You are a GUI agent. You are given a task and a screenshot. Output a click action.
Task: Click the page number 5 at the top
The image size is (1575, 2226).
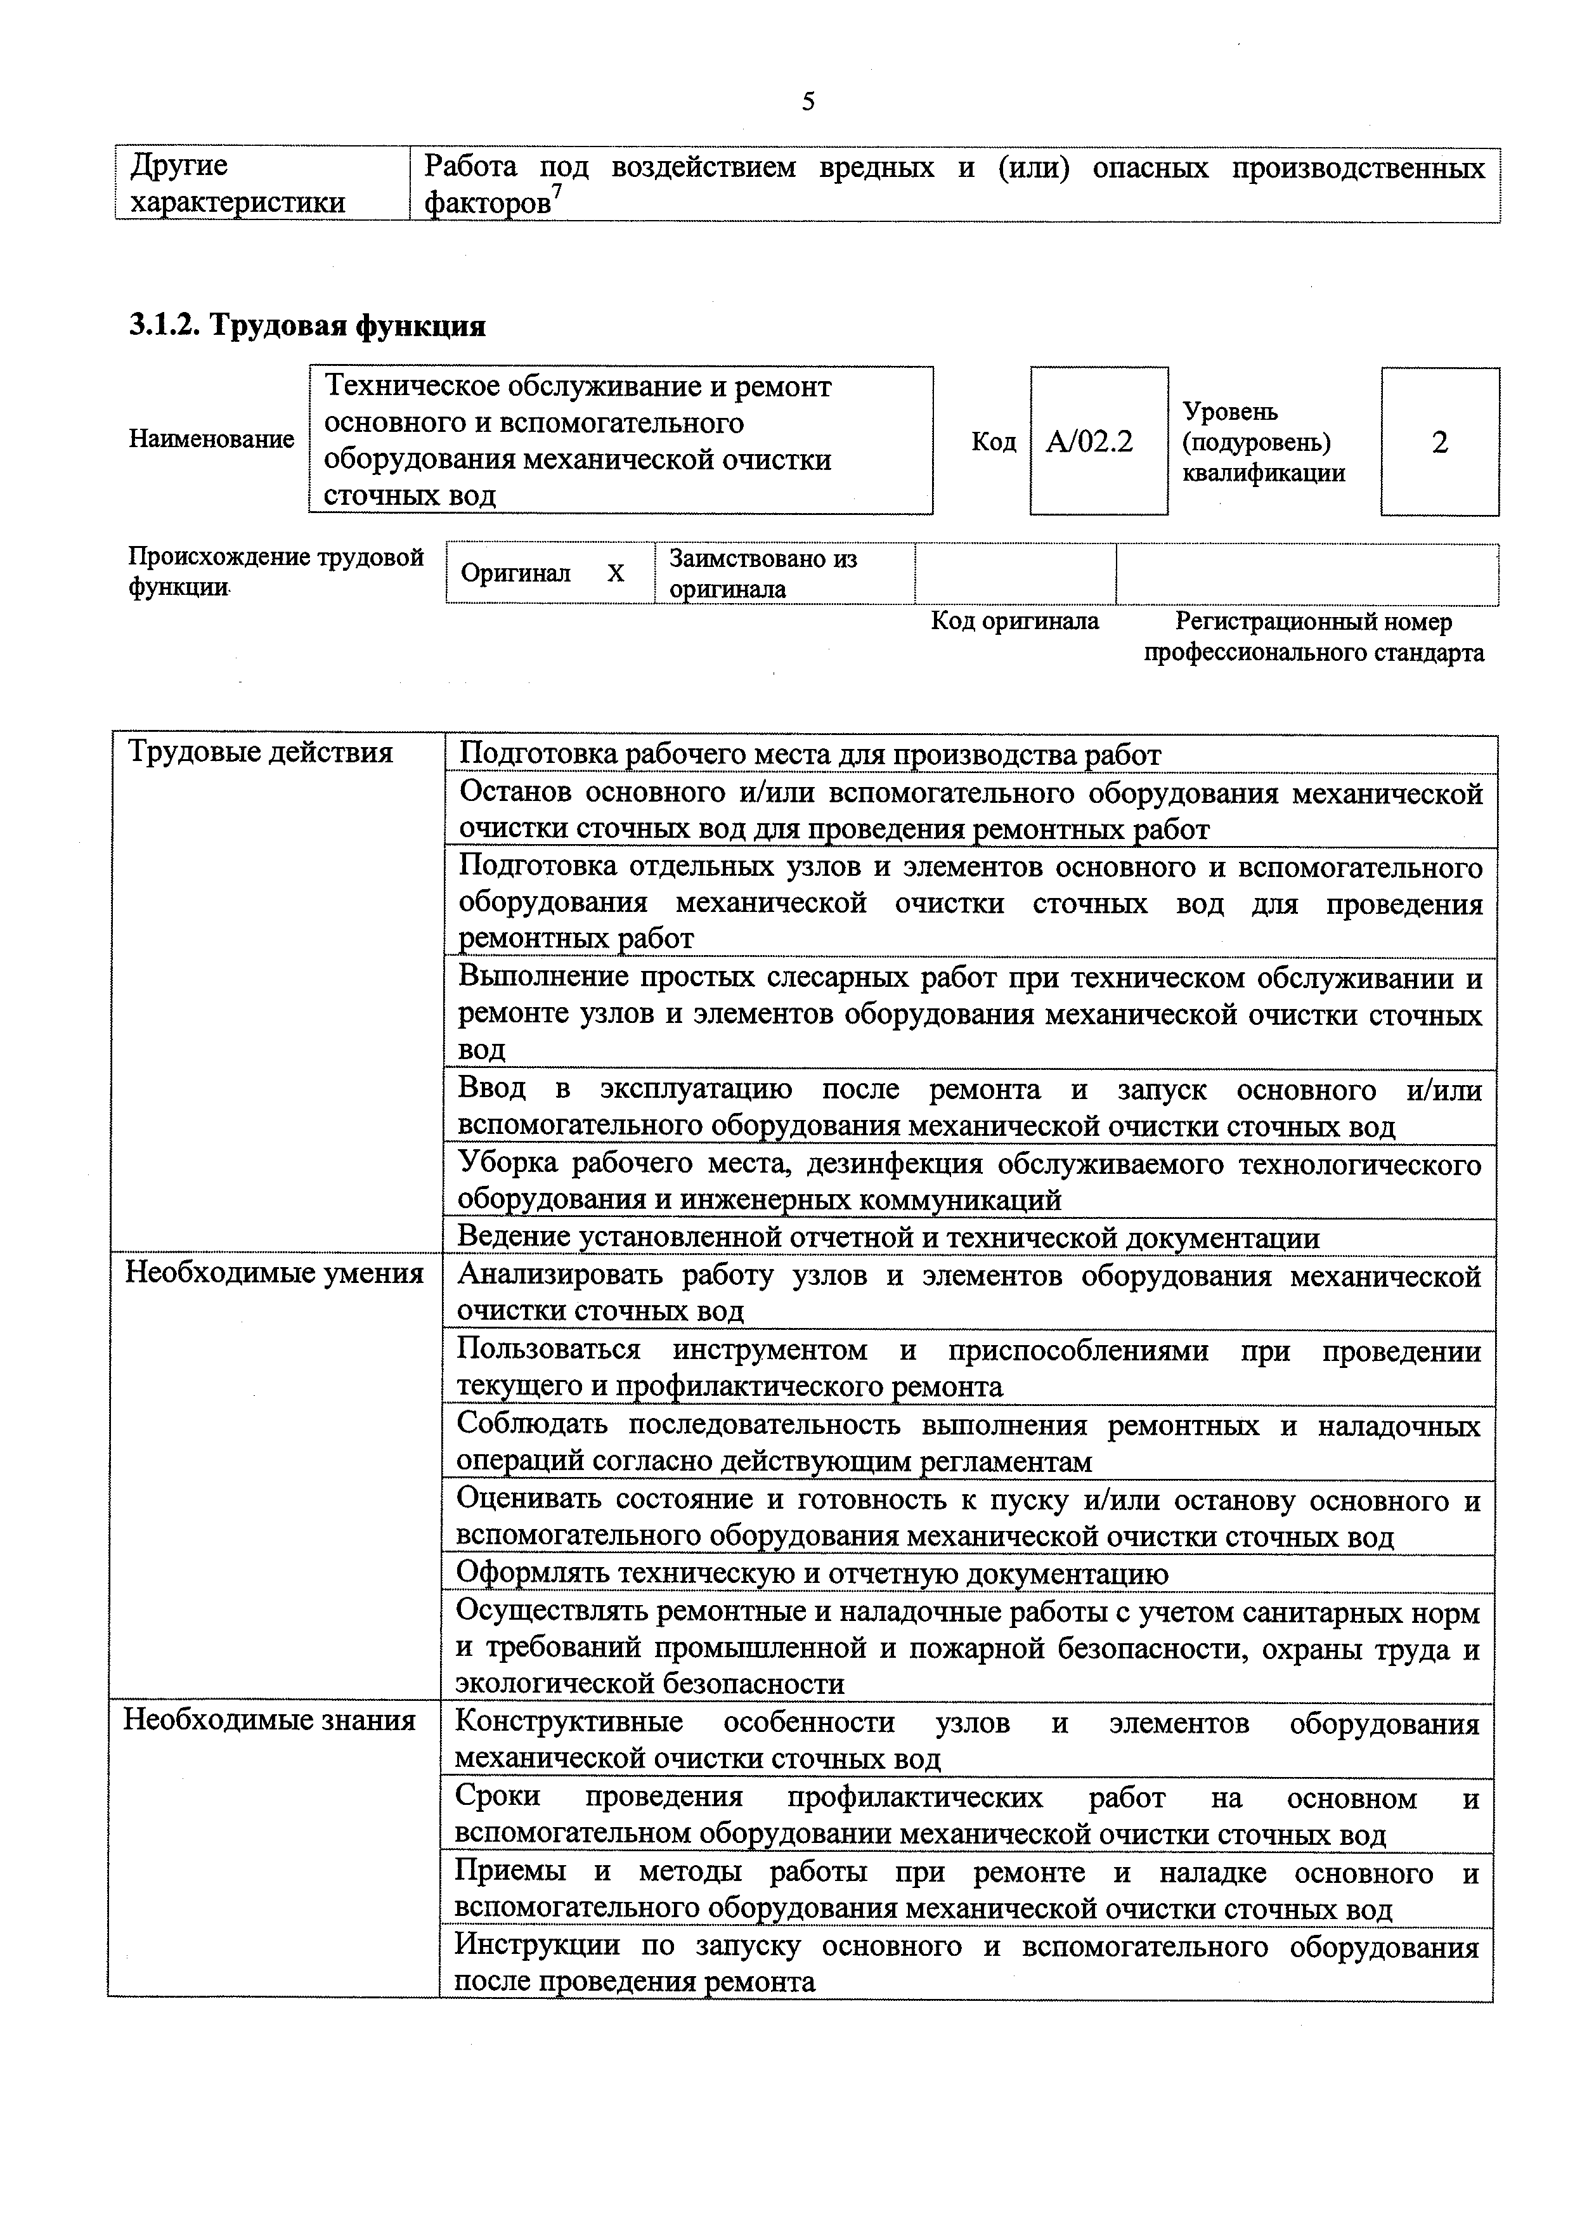tap(808, 102)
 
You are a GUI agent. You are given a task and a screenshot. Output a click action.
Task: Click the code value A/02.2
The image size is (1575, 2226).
tap(1090, 442)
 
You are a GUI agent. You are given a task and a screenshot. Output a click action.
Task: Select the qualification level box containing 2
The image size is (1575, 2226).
tap(1439, 442)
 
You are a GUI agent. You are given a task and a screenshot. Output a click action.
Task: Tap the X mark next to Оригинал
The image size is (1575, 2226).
tap(616, 574)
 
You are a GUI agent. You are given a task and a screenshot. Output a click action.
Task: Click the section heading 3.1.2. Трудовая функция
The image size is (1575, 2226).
tap(308, 326)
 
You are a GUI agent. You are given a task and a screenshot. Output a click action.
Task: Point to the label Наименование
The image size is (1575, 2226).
tap(211, 439)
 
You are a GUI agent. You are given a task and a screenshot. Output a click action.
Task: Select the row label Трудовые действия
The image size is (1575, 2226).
tap(261, 753)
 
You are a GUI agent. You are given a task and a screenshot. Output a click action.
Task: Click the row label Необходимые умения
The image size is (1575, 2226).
tap(275, 1273)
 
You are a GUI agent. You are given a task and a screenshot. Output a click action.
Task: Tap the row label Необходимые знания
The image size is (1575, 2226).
tap(269, 1720)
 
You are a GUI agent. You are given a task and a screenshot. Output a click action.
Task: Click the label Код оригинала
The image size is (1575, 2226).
tap(1014, 621)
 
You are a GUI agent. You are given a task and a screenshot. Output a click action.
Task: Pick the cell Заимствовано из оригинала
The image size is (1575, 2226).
tap(763, 573)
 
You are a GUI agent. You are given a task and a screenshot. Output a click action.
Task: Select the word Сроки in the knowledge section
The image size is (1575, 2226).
tap(498, 1796)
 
